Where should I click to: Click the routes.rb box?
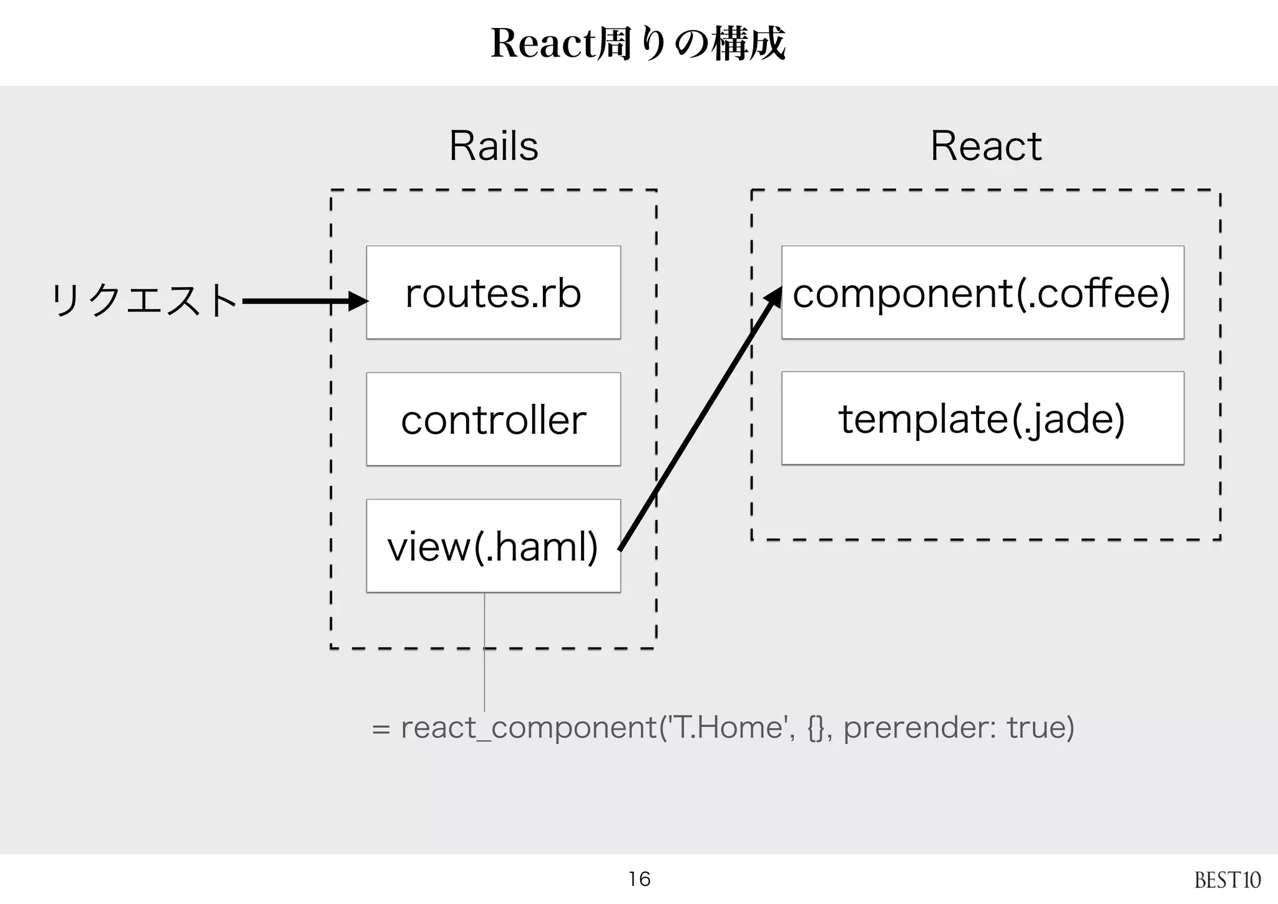coord(493,292)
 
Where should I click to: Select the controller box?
coord(493,419)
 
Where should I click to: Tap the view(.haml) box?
coord(493,546)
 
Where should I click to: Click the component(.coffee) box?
coord(982,292)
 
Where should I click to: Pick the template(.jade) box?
coord(982,418)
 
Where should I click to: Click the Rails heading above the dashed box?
coord(494,146)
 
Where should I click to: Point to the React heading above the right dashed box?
coord(986,146)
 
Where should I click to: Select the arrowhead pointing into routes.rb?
coord(358,302)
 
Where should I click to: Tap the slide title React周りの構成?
coord(638,44)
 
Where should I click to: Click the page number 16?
coord(639,879)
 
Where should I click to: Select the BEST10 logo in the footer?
coord(1227,880)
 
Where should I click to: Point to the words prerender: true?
coord(958,727)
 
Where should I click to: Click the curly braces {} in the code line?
coord(815,728)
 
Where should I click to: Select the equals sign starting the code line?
coord(381,729)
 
